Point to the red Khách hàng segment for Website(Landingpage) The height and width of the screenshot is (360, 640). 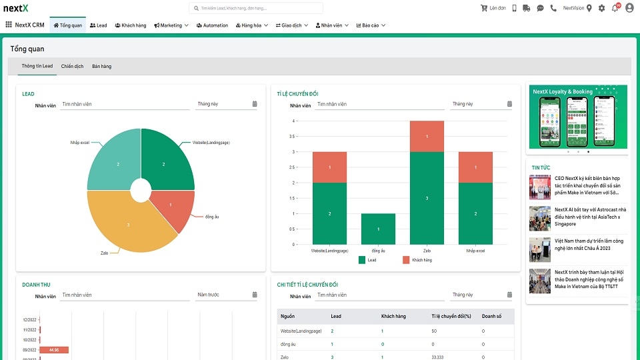coord(329,167)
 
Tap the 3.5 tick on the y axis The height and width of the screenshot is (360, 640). coord(292,137)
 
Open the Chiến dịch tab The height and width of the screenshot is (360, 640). coord(72,66)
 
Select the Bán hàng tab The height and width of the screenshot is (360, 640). coord(102,66)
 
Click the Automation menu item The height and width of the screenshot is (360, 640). coord(213,25)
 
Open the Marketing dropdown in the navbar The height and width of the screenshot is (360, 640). coord(171,25)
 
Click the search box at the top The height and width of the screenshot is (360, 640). coord(257,8)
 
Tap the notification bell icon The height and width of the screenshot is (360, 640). coord(615,8)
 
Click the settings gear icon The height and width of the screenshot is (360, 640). coord(602,8)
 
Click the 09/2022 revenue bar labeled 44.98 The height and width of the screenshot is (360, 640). coord(54,349)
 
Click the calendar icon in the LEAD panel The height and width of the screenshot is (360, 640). coord(255,104)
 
